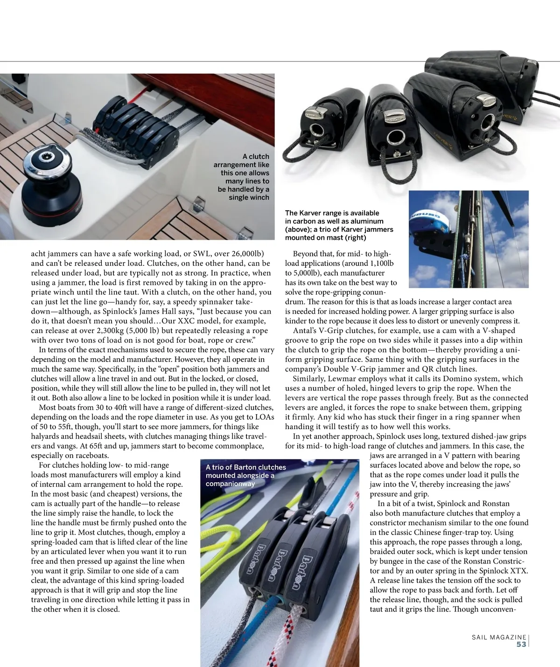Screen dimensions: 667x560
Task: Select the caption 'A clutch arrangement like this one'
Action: [242, 177]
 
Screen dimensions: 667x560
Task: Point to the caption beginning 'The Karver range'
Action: [339, 225]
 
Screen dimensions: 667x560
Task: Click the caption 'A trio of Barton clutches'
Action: [245, 475]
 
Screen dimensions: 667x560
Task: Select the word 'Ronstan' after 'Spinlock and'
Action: [493, 503]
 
